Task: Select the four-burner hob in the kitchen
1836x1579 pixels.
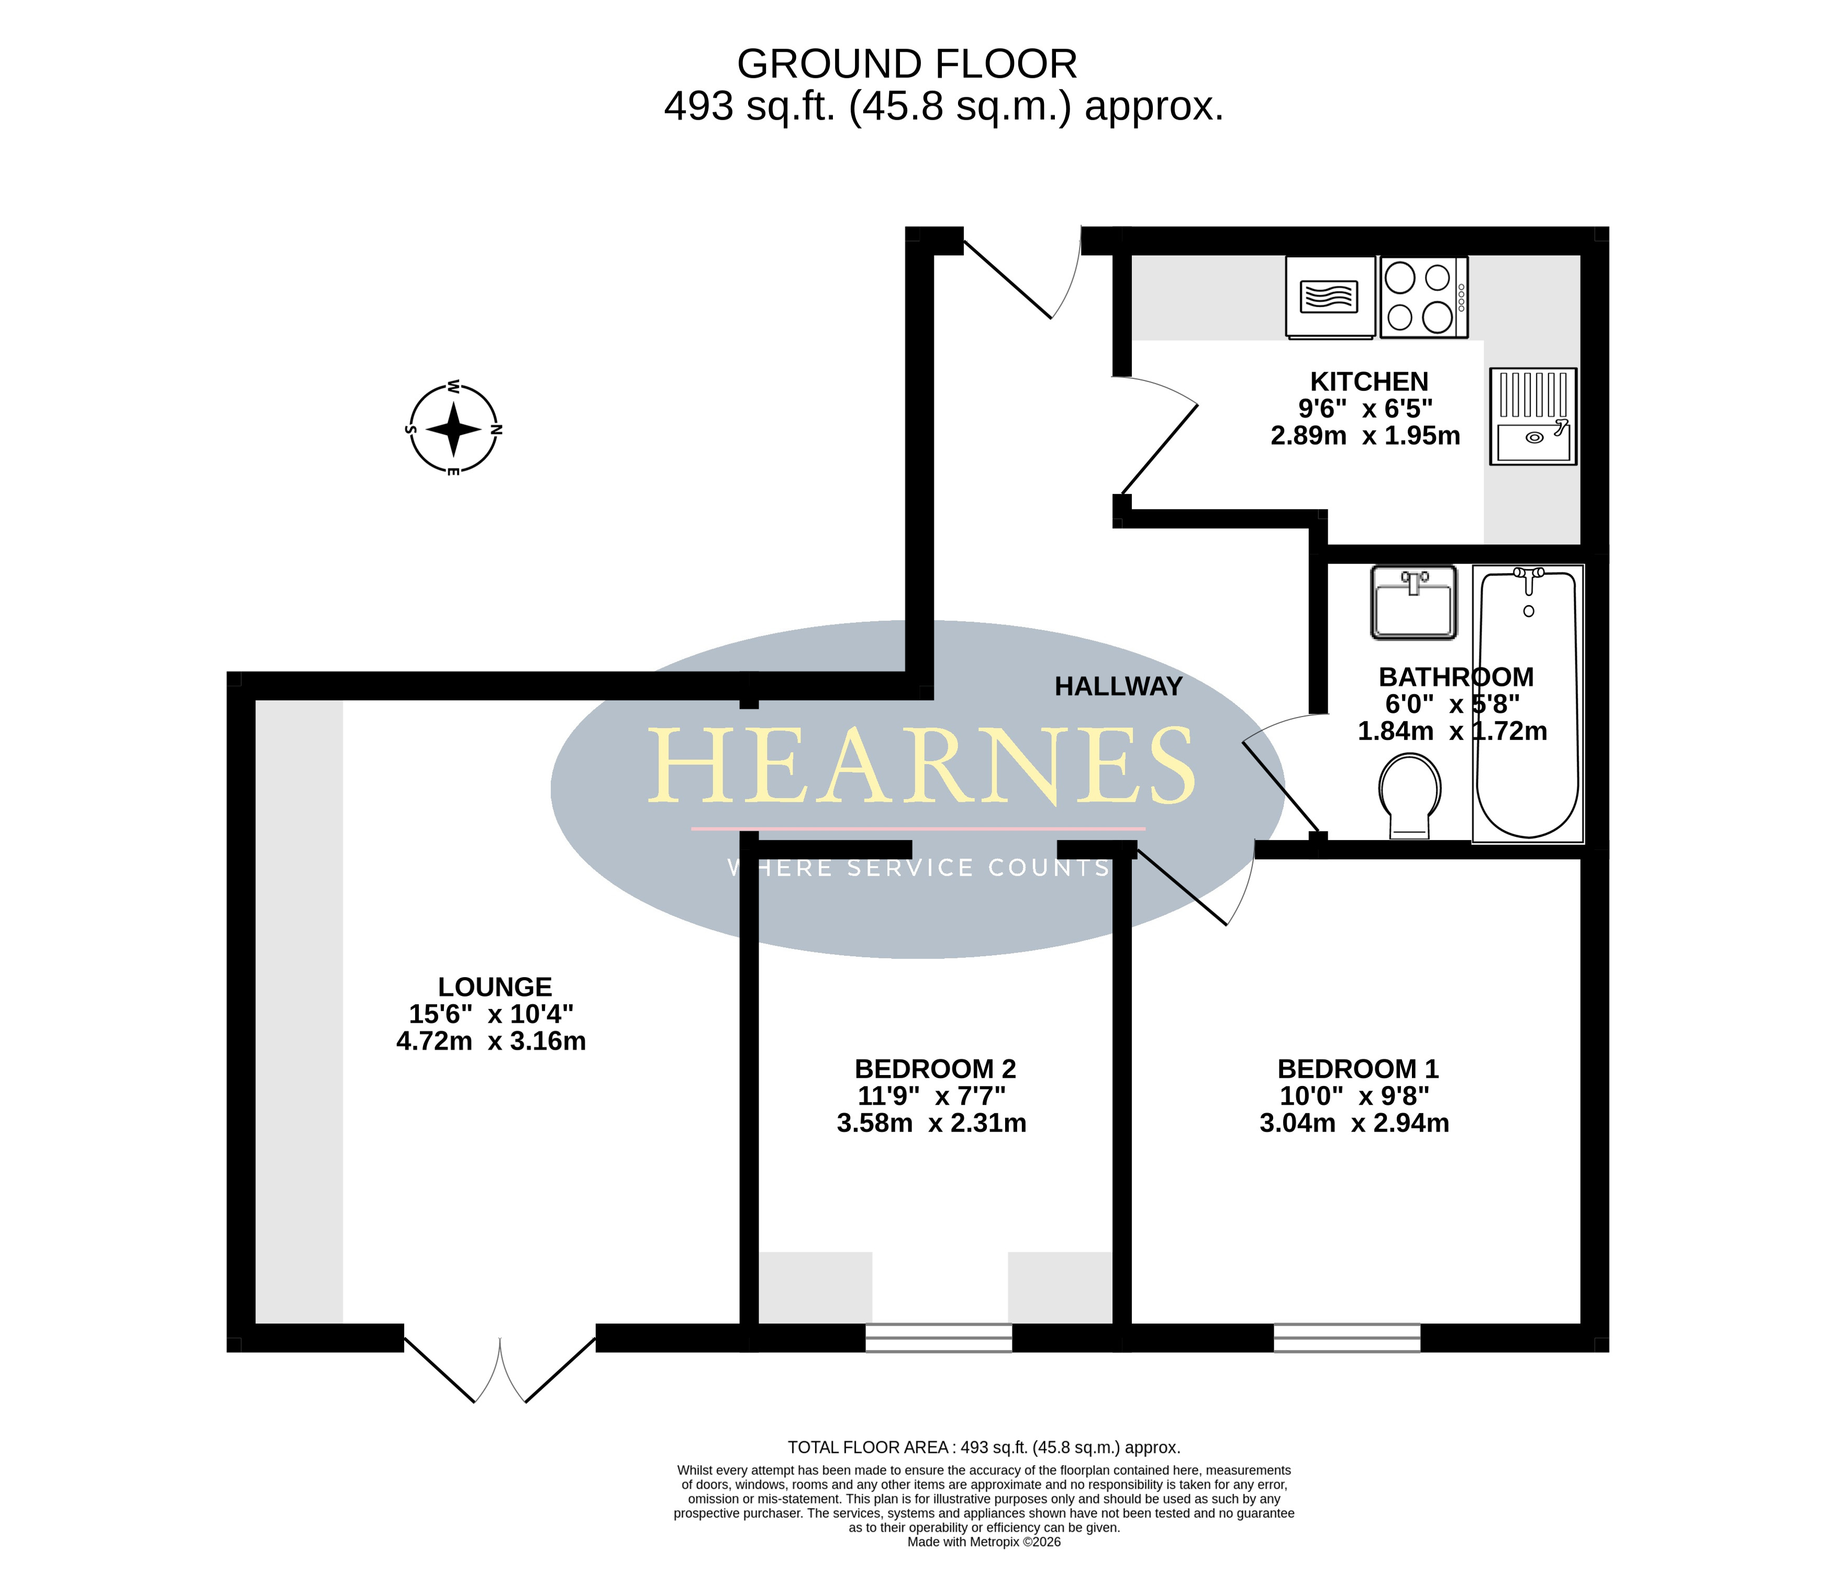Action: (1424, 297)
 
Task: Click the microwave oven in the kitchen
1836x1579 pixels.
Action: (1330, 297)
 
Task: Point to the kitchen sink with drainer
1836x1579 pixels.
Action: (1533, 417)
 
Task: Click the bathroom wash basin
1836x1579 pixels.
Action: (1414, 602)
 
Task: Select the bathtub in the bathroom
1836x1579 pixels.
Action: (1529, 703)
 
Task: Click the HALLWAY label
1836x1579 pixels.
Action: (1118, 687)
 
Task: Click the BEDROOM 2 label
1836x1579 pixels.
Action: (935, 1069)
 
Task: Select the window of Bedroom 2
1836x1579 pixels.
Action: (938, 1338)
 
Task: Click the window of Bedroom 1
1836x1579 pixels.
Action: (1347, 1338)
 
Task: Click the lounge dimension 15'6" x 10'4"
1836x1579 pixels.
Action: (491, 1014)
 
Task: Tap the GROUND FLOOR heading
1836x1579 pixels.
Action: (907, 64)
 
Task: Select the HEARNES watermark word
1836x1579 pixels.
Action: (921, 766)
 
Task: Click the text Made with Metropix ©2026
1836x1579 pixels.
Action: (984, 1542)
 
